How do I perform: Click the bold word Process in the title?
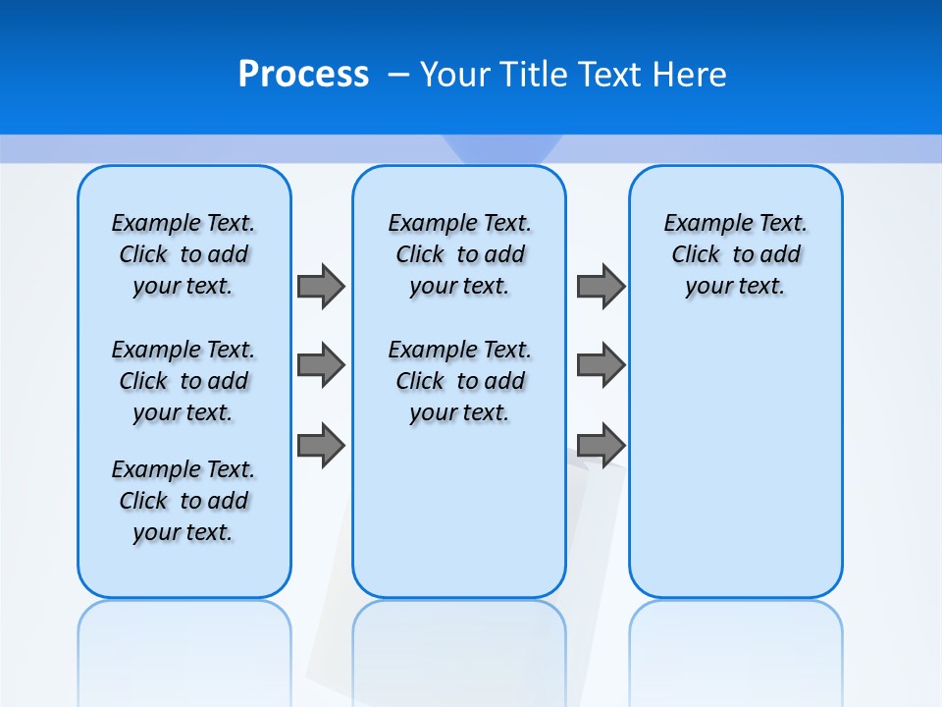[x=303, y=75]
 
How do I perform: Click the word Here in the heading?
[x=691, y=75]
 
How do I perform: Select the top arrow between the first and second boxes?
[x=321, y=286]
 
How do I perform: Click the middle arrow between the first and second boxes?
[x=321, y=365]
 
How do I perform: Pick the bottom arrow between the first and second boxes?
[x=321, y=445]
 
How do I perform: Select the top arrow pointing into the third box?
[x=601, y=286]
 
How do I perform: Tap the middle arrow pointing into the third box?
[x=601, y=365]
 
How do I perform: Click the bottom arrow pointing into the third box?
[x=601, y=445]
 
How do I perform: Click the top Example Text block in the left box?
[x=183, y=254]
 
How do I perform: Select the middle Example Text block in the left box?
[x=183, y=381]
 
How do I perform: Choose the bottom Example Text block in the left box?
[x=183, y=501]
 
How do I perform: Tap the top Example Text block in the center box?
[x=459, y=254]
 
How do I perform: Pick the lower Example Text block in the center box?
[x=459, y=381]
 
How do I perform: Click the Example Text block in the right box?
[x=735, y=254]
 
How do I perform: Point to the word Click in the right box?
[x=696, y=254]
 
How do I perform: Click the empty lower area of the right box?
[x=735, y=471]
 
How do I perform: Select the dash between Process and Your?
[x=398, y=75]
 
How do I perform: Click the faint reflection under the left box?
[x=183, y=638]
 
